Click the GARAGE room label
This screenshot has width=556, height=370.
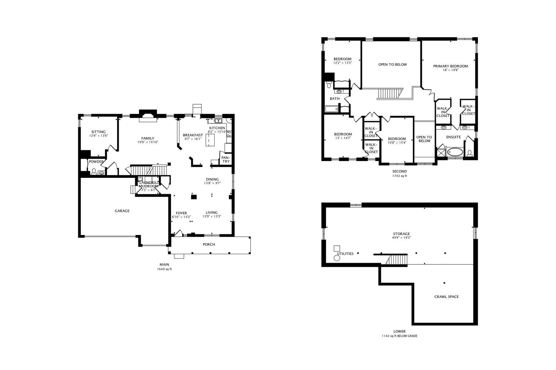click(122, 211)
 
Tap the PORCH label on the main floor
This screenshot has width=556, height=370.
click(209, 245)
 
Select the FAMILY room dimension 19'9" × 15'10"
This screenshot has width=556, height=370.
click(148, 142)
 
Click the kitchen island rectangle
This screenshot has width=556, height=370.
click(210, 140)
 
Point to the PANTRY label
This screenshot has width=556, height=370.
click(225, 159)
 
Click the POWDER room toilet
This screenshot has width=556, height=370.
click(94, 171)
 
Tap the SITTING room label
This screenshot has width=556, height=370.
click(99, 132)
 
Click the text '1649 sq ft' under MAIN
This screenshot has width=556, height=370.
click(164, 269)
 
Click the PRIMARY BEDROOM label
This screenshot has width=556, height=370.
click(450, 66)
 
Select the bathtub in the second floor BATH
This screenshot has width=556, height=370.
click(332, 109)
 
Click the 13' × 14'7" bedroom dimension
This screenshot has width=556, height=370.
click(343, 138)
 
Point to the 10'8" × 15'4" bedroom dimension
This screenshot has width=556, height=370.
click(397, 143)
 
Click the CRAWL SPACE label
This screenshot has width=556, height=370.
click(446, 297)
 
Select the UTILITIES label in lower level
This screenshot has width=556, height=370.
click(345, 254)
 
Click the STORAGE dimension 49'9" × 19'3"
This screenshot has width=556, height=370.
click(401, 238)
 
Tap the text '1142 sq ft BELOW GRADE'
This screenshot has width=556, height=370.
click(399, 336)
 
